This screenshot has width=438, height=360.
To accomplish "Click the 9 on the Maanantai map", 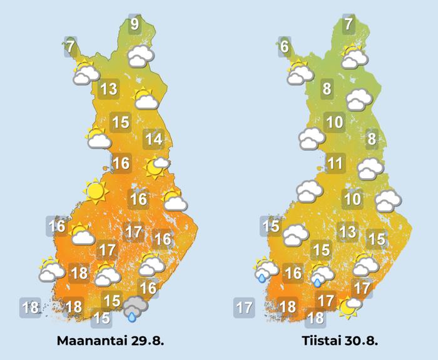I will [x=135, y=25].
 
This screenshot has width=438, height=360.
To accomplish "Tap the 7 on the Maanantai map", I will [x=70, y=46].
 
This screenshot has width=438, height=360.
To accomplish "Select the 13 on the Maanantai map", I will [x=109, y=89].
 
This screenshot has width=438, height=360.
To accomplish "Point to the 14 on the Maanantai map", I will [x=153, y=139].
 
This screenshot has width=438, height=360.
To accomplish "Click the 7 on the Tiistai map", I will [x=349, y=25].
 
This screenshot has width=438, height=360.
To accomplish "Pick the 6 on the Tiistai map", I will [x=285, y=46].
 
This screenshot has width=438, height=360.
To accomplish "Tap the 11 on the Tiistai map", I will [x=335, y=164].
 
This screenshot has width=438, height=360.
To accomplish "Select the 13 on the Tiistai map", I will [x=347, y=233].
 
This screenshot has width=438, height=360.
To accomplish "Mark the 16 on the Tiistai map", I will [x=293, y=273].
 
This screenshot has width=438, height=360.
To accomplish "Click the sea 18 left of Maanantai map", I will [x=31, y=307].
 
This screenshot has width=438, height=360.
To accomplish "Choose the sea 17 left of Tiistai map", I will [x=244, y=307].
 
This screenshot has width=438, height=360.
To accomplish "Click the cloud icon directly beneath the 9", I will [x=140, y=56].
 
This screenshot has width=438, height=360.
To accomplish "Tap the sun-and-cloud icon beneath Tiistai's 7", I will [x=354, y=57].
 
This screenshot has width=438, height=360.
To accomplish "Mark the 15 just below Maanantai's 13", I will [x=120, y=122].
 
